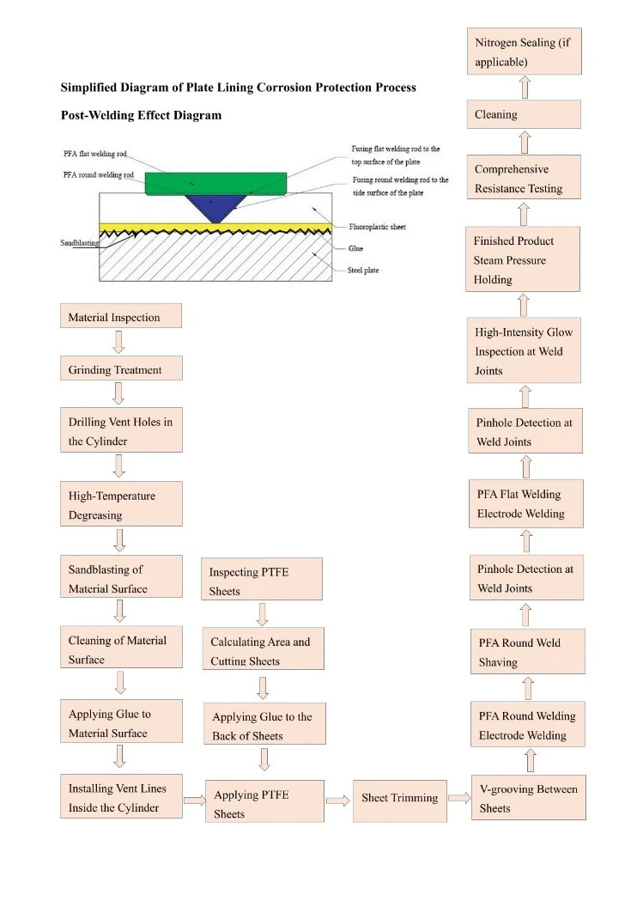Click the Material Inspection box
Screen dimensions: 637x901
(x=121, y=316)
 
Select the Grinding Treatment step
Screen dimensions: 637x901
(x=121, y=368)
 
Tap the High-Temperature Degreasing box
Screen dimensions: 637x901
(x=121, y=504)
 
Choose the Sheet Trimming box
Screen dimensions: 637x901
(x=400, y=801)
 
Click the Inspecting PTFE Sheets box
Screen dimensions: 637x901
(x=261, y=579)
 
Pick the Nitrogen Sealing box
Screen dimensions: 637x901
(x=524, y=52)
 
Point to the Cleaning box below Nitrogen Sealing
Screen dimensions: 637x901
(x=524, y=114)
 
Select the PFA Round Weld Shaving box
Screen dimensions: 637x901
(x=527, y=652)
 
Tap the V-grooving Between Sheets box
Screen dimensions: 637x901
(x=529, y=798)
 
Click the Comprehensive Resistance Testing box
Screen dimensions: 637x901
(x=524, y=177)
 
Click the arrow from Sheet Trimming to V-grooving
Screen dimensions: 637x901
(x=459, y=798)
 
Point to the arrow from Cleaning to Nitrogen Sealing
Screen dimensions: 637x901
(x=525, y=88)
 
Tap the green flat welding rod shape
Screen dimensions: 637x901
(x=215, y=184)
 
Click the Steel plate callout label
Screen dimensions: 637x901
(x=363, y=270)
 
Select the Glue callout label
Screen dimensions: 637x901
(x=355, y=248)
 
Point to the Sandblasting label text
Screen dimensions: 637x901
(x=80, y=243)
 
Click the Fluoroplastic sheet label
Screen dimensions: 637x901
(x=378, y=227)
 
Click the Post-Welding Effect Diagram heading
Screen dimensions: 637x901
(x=142, y=115)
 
